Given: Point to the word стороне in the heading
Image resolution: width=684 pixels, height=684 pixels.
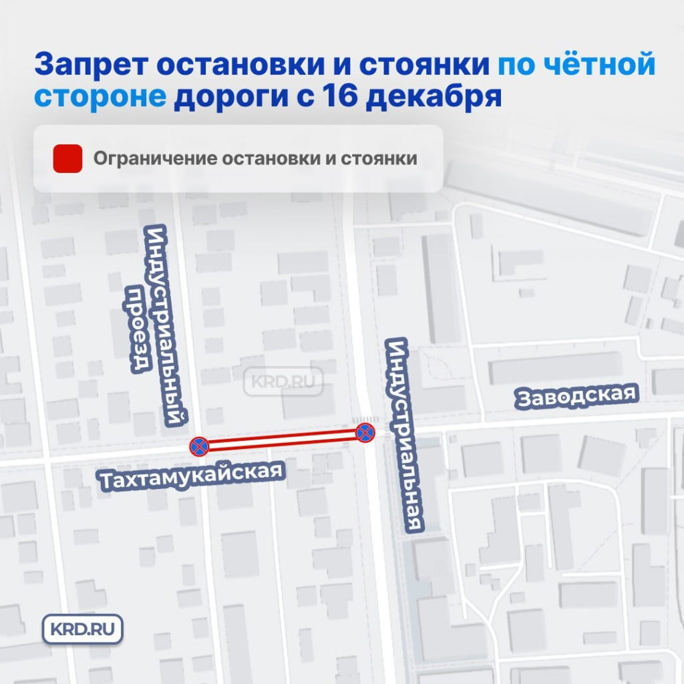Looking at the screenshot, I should pyautogui.click(x=100, y=97).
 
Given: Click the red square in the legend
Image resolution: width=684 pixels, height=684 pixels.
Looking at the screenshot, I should pyautogui.click(x=67, y=159).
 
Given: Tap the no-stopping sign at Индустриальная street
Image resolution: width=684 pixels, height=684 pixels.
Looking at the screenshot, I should pyautogui.click(x=365, y=432).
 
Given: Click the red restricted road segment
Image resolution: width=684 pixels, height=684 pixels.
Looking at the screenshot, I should pyautogui.click(x=282, y=439).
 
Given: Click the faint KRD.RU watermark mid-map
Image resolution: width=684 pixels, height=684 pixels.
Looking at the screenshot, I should pyautogui.click(x=287, y=383).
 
